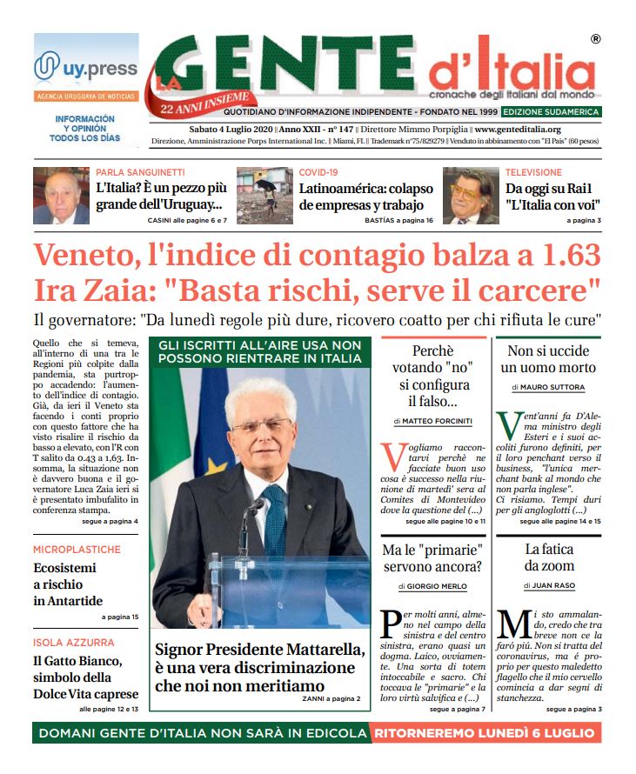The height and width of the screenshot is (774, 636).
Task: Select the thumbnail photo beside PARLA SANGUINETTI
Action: (62, 196)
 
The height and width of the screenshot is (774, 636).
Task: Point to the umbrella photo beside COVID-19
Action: (264, 196)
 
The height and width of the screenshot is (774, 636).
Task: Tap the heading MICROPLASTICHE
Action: (77, 550)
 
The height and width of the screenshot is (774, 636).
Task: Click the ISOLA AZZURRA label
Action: (74, 643)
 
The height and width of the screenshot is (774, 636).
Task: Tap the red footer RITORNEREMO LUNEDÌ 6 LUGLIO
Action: (484, 733)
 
